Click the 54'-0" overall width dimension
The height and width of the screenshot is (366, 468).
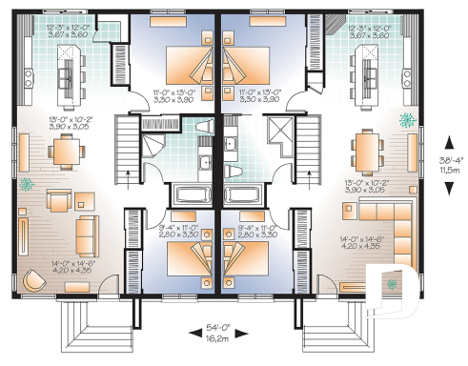(x=219, y=335)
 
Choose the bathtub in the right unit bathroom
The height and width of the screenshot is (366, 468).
(x=249, y=195)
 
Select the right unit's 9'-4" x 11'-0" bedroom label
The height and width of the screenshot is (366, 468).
(x=260, y=230)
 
